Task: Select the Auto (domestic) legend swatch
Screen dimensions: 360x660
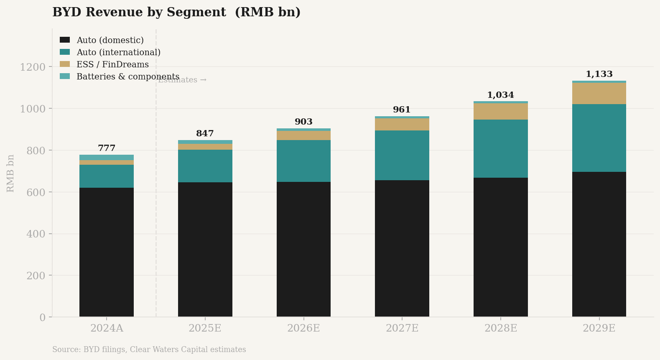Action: coord(65,40)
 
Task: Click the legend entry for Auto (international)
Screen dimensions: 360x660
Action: coord(118,52)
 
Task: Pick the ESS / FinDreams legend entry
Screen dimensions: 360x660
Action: coord(112,64)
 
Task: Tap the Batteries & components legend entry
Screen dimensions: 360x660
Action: coord(127,77)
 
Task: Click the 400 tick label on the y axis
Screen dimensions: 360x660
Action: coord(36,234)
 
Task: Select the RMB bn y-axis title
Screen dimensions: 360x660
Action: coord(11,173)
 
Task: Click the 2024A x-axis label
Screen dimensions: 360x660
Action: coord(107,328)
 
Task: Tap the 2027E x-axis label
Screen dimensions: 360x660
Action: coord(402,328)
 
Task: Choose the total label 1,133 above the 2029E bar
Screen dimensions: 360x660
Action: coord(599,74)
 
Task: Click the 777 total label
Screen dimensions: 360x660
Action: coord(107,148)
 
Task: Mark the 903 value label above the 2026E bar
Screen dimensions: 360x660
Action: coord(303,122)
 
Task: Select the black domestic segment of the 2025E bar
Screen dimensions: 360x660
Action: coord(205,250)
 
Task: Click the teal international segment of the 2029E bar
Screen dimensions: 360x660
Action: coord(599,138)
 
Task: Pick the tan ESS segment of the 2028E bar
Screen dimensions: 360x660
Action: coord(500,112)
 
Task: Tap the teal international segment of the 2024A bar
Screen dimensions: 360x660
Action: coord(107,176)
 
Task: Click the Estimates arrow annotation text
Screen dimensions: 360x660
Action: coord(182,80)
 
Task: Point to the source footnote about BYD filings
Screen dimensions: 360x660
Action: coord(149,350)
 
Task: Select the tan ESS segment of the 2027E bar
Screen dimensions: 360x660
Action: coord(402,125)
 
